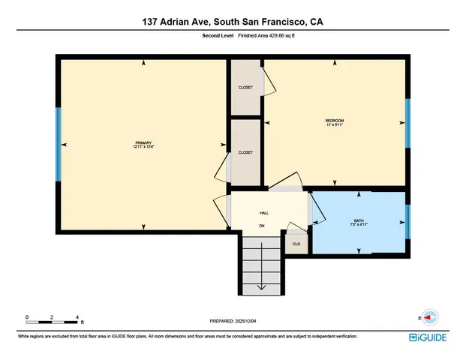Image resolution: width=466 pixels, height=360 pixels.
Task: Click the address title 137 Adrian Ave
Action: (233, 21)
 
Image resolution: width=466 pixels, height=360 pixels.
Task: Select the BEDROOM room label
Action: (335, 122)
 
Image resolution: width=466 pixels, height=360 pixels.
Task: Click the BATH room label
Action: (359, 222)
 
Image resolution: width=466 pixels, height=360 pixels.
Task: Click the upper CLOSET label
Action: (245, 88)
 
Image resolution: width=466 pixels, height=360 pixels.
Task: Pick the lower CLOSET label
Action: (245, 152)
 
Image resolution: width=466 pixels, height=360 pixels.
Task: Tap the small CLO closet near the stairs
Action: (296, 243)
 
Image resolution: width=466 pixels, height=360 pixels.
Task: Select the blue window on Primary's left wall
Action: (58, 144)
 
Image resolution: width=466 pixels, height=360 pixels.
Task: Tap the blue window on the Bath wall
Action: (407, 220)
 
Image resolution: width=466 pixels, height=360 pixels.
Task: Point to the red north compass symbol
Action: (429, 316)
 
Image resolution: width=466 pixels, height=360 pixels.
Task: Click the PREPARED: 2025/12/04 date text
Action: (233, 322)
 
